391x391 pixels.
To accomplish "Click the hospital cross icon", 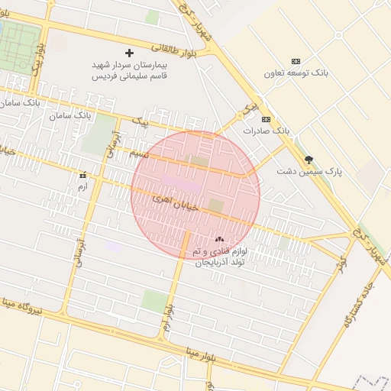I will pyautogui.click(x=128, y=53).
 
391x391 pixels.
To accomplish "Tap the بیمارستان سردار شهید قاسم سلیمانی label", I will pyautogui.click(x=129, y=71).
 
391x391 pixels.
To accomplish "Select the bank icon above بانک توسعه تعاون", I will pyautogui.click(x=296, y=61).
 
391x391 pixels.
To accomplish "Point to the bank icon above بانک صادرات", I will pyautogui.click(x=266, y=119).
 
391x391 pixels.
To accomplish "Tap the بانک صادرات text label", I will pyautogui.click(x=267, y=131).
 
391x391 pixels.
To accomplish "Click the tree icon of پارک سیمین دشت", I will pyautogui.click(x=309, y=160).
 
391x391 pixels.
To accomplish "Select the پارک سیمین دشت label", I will pyautogui.click(x=310, y=173).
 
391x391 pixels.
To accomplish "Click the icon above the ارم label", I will pyautogui.click(x=82, y=175).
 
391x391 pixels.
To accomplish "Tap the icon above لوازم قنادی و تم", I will pyautogui.click(x=220, y=239).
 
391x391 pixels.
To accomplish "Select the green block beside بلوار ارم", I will pyautogui.click(x=154, y=300).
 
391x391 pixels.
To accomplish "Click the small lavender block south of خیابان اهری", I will pyautogui.click(x=113, y=247).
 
